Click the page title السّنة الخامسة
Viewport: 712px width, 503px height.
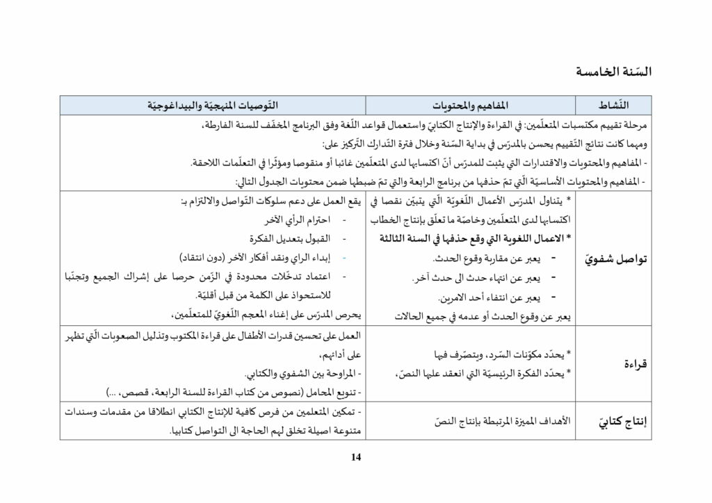(x=614, y=71)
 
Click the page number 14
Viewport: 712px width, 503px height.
(x=356, y=456)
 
